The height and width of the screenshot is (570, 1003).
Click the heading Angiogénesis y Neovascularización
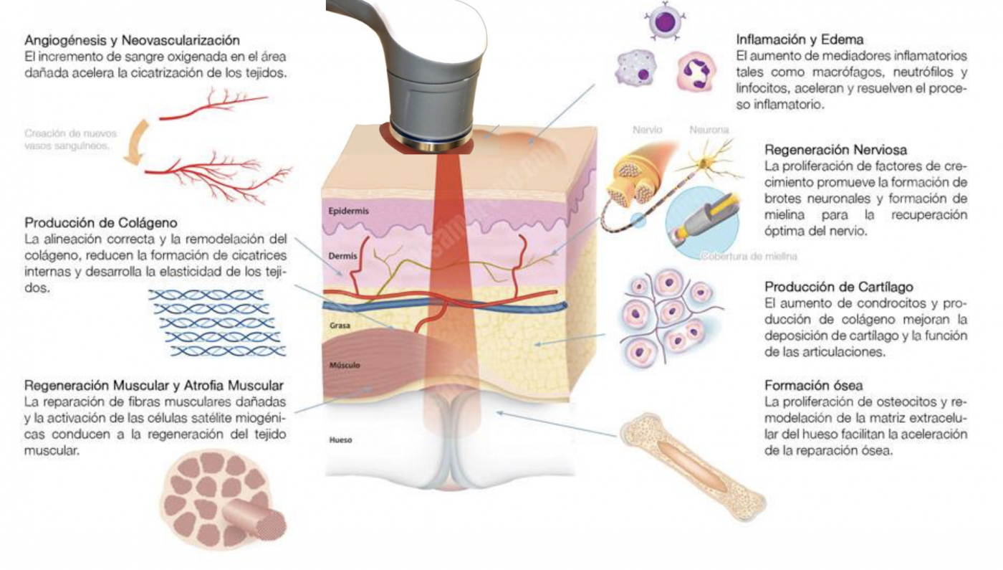pos(132,40)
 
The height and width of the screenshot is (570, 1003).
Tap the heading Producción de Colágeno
pos(101,222)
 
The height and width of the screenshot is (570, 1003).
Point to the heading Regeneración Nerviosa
pos(836,151)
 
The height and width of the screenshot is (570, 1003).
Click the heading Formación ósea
pos(813,385)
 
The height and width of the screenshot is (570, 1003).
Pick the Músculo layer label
pos(345,365)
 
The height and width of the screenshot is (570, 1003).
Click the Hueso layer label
pos(340,440)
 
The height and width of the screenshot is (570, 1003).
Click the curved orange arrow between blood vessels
pos(133,142)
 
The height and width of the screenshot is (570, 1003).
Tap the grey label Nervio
pos(648,130)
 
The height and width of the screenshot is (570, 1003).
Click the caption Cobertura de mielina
pos(749,255)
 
